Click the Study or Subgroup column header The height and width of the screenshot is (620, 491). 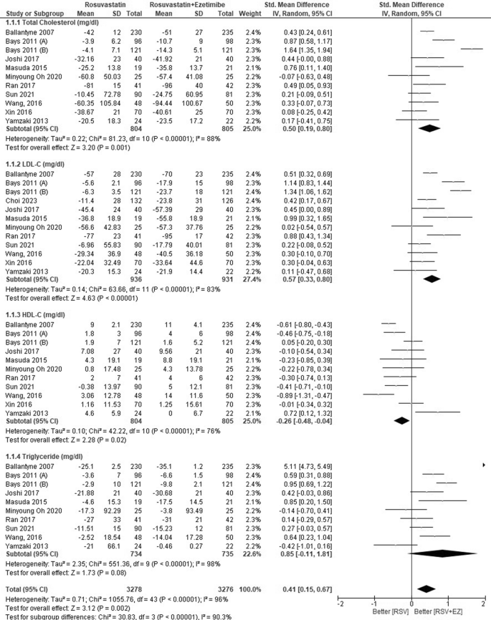pyautogui.click(x=30, y=14)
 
